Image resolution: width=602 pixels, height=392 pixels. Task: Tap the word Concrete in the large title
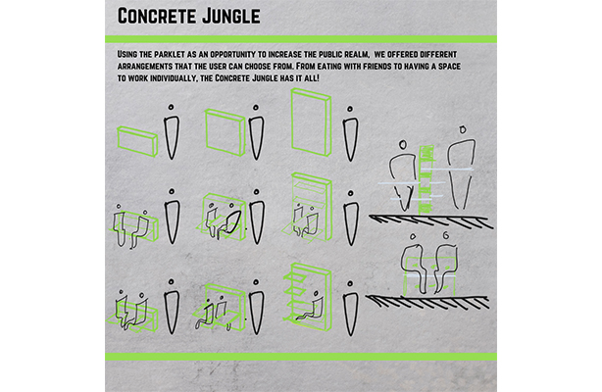[156, 16]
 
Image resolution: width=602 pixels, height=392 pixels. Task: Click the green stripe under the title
[301, 38]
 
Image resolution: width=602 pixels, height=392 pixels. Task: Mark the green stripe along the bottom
[301, 356]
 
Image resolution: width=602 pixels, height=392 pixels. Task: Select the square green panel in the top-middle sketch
[224, 130]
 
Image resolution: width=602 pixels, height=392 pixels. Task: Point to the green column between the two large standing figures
[426, 178]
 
